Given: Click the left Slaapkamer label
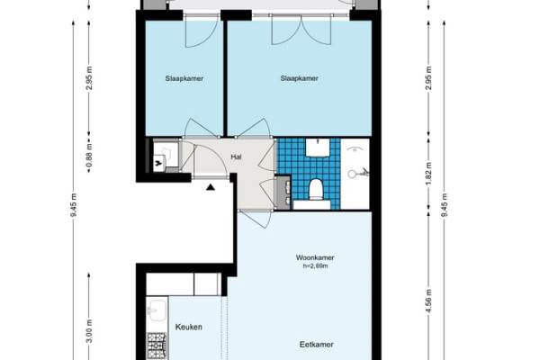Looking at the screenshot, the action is [x=184, y=78].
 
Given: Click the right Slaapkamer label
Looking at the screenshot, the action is [x=300, y=78].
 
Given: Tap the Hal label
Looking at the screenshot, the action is [x=236, y=157].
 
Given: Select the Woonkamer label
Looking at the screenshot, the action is [x=315, y=257].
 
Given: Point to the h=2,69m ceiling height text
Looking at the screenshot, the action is [x=315, y=266].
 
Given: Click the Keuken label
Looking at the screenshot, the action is [x=189, y=327].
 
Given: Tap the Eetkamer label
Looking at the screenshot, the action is [x=317, y=345].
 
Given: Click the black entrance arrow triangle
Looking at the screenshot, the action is [x=211, y=187].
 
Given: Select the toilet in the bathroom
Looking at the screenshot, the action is [x=316, y=189].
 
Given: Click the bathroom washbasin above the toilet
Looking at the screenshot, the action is [x=318, y=148].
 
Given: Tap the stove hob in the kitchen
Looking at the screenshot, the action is [x=157, y=346].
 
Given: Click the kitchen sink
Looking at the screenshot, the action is [x=157, y=310].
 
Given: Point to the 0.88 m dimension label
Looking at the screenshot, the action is [x=89, y=157].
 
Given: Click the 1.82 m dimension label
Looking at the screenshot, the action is [x=428, y=174].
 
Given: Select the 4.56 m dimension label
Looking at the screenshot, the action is [x=428, y=301].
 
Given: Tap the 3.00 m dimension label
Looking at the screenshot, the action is [x=89, y=331].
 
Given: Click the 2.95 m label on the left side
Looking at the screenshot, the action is [x=89, y=78].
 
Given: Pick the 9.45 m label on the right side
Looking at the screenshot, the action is [x=445, y=205].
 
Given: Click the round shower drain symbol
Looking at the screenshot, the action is [x=352, y=174].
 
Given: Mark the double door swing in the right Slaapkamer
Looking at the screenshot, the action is [x=301, y=31].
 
